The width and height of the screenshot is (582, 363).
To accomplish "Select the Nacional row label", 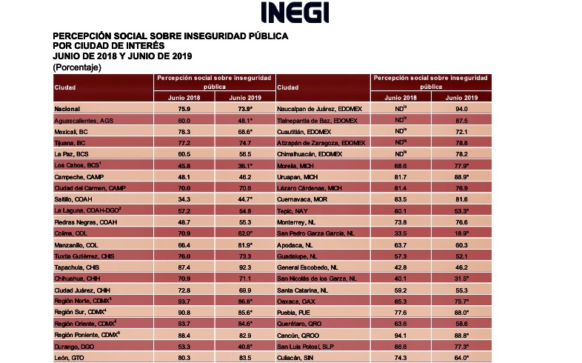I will [x=67, y=108].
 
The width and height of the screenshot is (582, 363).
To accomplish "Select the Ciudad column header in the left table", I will [x=65, y=88].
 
